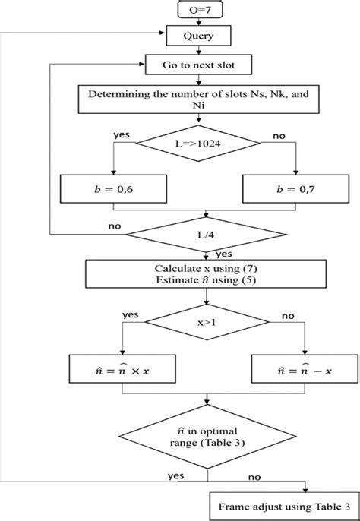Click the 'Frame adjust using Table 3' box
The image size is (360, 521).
click(x=283, y=505)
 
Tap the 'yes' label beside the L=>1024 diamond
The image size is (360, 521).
click(x=122, y=133)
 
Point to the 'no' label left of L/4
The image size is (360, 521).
click(x=115, y=226)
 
